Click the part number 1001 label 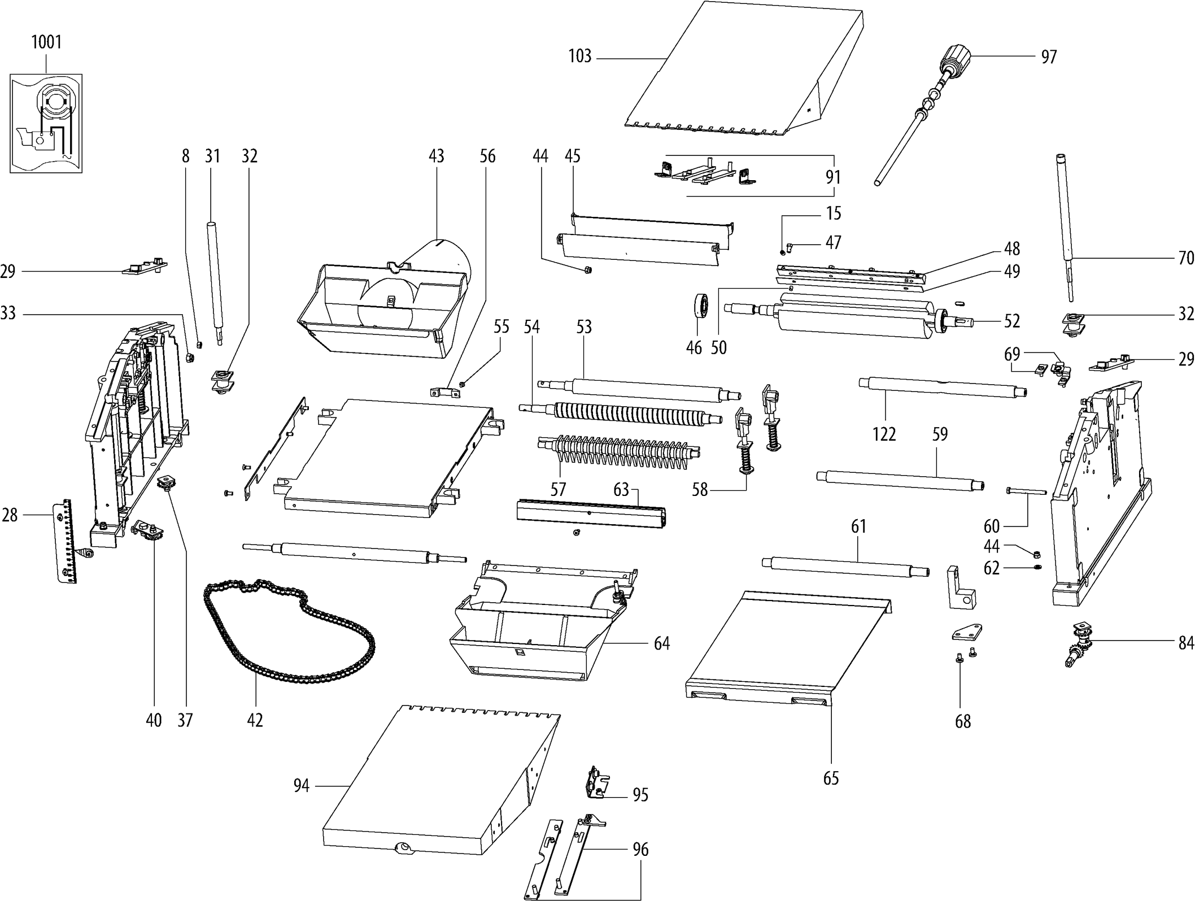click(x=46, y=42)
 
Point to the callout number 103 click(x=579, y=56)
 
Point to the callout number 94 click(x=301, y=786)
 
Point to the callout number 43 click(x=436, y=156)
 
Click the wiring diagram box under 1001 click(x=46, y=123)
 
